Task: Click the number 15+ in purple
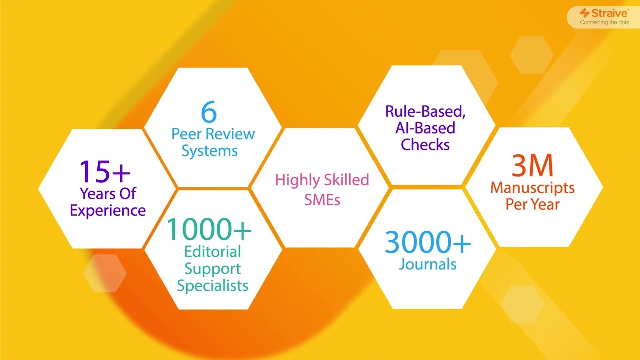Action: click(x=105, y=171)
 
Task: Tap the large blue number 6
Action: click(x=209, y=112)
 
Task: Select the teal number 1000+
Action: click(x=209, y=229)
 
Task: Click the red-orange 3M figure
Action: click(x=532, y=166)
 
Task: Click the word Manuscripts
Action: click(x=532, y=188)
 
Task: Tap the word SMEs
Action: click(x=323, y=200)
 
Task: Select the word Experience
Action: click(x=108, y=210)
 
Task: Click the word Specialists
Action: click(x=213, y=285)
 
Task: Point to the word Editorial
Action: click(x=213, y=251)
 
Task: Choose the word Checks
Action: click(x=425, y=145)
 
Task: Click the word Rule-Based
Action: click(x=425, y=111)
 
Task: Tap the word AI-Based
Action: click(x=425, y=128)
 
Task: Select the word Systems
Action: click(x=209, y=151)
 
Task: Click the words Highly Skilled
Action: click(x=322, y=180)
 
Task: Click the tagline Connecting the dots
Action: click(x=604, y=23)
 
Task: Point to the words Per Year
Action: click(x=532, y=204)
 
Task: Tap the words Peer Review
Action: click(x=213, y=134)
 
